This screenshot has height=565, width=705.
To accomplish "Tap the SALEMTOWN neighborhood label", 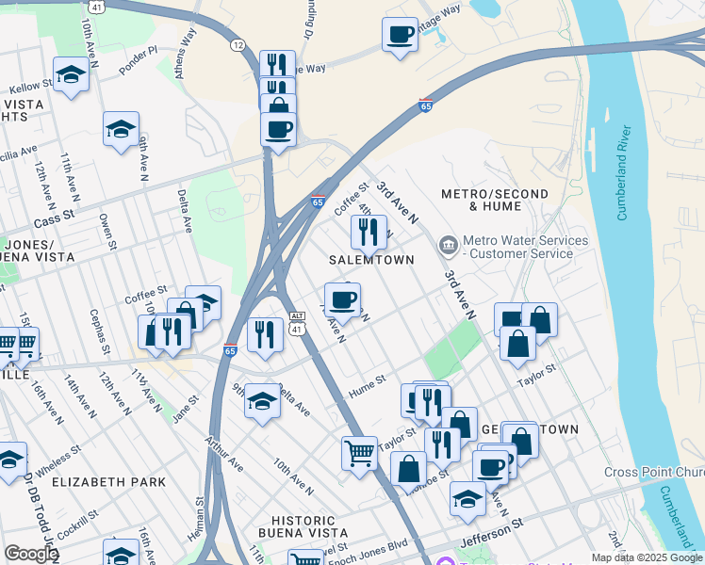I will tap(371, 259).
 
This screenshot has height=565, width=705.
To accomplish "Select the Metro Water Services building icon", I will tap(448, 247).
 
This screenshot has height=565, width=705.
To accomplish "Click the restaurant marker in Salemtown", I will tap(369, 231).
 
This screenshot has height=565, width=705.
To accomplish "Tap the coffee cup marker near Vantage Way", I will tap(401, 34).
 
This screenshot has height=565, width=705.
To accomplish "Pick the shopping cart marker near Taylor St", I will tap(359, 453).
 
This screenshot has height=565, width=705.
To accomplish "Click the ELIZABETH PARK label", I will tap(108, 482).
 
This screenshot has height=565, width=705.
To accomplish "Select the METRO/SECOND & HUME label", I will tap(494, 200).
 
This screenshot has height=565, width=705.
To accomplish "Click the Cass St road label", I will tap(53, 218).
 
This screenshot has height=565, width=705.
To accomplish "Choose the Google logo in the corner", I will tap(31, 553).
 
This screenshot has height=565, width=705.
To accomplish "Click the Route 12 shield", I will tap(237, 44).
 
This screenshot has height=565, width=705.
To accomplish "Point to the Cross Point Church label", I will tap(654, 472).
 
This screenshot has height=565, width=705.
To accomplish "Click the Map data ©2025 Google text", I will tap(647, 557).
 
